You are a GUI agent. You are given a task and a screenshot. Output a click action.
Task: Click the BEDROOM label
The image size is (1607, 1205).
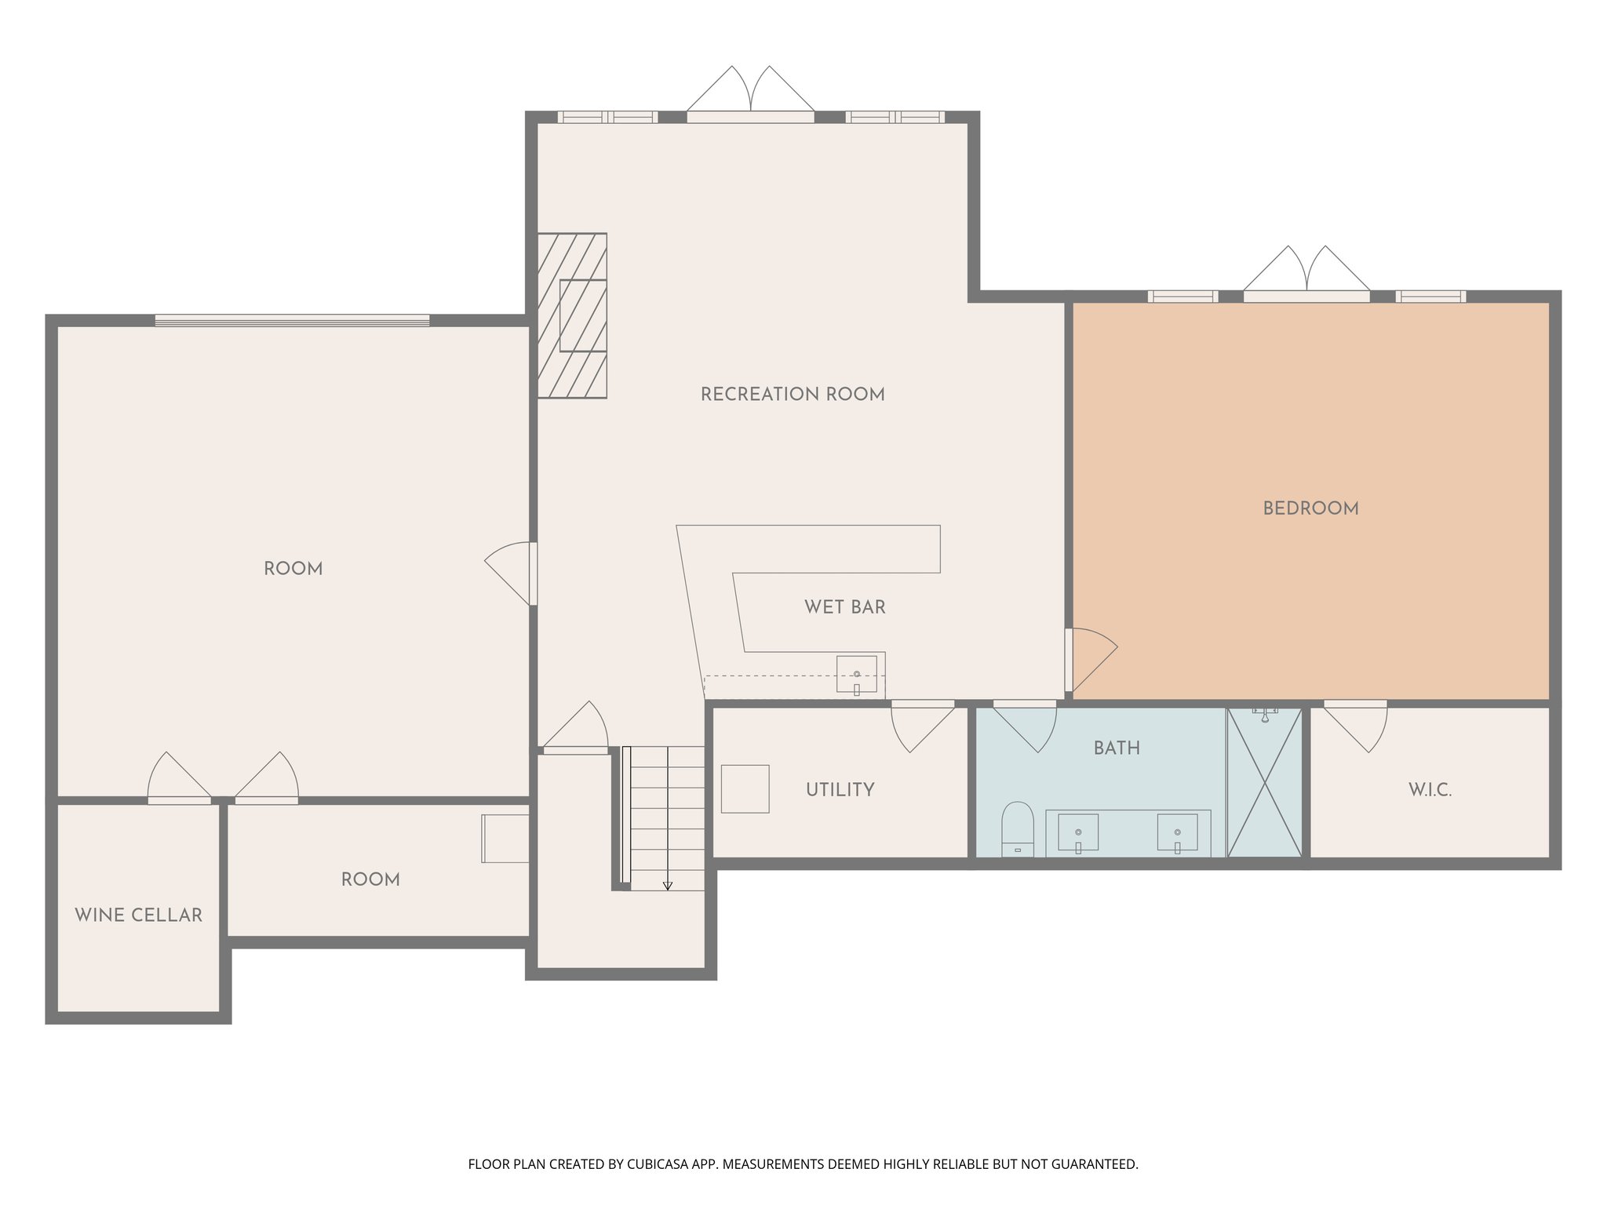coord(1310,508)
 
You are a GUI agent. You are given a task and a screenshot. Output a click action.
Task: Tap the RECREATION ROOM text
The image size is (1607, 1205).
coord(793,395)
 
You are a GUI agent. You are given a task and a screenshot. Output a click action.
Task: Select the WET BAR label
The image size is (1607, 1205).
coord(845,606)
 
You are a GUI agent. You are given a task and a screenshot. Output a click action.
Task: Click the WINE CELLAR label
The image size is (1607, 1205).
coord(139,916)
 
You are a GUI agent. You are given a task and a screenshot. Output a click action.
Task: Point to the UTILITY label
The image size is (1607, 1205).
coord(840,790)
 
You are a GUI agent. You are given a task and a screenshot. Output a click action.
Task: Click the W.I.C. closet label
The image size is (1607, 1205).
coord(1430,790)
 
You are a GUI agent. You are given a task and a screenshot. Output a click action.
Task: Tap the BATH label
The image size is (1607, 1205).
coord(1117,748)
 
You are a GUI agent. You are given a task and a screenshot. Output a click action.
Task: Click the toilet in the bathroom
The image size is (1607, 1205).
coord(1018,828)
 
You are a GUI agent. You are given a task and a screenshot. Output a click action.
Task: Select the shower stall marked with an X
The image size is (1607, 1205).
coord(1264,782)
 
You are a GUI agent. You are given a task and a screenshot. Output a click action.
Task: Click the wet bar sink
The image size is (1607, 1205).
coord(856,675)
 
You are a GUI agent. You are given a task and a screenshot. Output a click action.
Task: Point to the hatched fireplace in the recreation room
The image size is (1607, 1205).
coord(572,315)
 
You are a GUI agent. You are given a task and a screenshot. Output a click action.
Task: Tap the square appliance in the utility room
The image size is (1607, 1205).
coord(745,788)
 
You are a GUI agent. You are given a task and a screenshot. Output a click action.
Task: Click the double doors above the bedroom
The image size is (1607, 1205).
coord(1306,271)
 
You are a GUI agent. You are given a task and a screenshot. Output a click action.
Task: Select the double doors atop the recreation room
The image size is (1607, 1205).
coord(751,90)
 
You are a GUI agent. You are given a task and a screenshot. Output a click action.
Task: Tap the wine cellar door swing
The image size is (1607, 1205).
coord(177,775)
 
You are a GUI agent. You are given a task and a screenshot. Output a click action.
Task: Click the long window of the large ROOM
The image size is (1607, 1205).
coord(292,320)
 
